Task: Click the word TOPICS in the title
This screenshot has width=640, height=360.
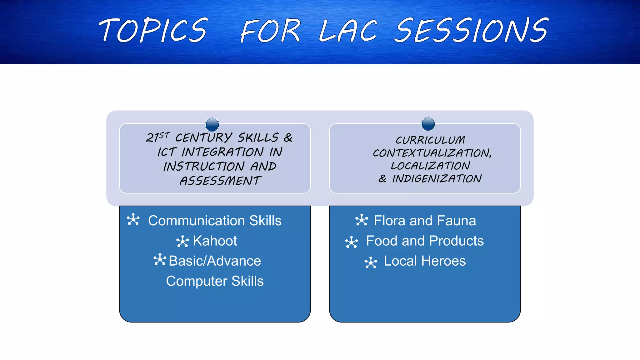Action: (x=153, y=30)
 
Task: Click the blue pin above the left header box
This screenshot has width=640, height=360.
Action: (x=212, y=124)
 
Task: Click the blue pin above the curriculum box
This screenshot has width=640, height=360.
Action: (x=428, y=124)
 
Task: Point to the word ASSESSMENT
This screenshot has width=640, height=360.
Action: (x=220, y=181)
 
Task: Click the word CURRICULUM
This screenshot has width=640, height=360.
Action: (x=430, y=140)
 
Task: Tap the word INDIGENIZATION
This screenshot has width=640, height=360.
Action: (x=437, y=179)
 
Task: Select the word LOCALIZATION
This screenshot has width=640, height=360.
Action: (x=430, y=166)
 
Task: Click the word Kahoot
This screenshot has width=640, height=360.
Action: (x=215, y=241)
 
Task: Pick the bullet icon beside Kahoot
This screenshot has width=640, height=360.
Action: (x=182, y=242)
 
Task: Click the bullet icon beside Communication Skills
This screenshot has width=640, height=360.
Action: (x=133, y=219)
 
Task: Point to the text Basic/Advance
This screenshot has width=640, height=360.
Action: (x=215, y=261)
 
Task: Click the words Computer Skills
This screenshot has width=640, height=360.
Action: (x=215, y=281)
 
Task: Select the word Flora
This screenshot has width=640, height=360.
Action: (x=390, y=221)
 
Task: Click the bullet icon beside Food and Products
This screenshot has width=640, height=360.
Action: (x=352, y=242)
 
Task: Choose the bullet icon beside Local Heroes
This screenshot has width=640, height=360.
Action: (x=371, y=262)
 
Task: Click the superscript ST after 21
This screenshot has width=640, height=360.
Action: (x=164, y=135)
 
